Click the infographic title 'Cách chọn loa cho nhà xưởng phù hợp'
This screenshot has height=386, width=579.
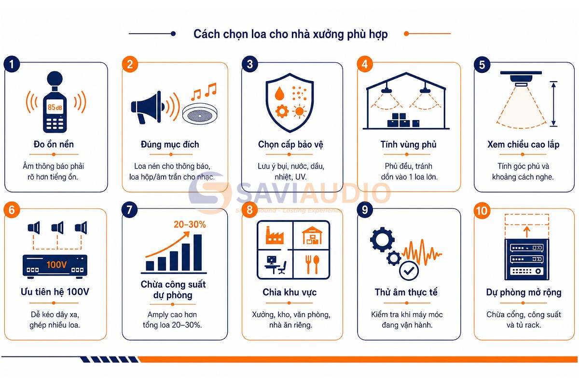coord(290,34)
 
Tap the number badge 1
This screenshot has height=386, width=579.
coord(12,64)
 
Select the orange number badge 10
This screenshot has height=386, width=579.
coord(482,210)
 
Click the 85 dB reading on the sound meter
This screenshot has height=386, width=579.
coord(55,107)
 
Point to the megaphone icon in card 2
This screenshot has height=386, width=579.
coord(148,107)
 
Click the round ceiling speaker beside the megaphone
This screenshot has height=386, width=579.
coord(200,114)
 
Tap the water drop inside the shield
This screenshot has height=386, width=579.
coord(280,93)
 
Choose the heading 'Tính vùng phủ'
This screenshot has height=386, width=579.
coord(408,145)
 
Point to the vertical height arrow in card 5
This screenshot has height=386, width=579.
coord(553,104)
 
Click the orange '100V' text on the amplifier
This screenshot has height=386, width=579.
coord(56,265)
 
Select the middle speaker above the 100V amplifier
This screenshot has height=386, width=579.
coord(57,228)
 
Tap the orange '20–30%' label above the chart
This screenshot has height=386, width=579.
coord(190,224)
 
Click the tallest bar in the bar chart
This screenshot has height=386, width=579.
coord(198,252)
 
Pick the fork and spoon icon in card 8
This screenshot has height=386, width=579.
coord(312,264)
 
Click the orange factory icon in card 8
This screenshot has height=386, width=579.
coord(275,235)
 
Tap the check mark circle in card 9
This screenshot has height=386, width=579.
coord(409,271)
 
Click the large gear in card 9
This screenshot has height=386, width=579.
coord(382,239)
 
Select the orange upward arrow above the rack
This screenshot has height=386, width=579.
coord(526,232)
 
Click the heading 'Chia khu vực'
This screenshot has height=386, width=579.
coord(289,292)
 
